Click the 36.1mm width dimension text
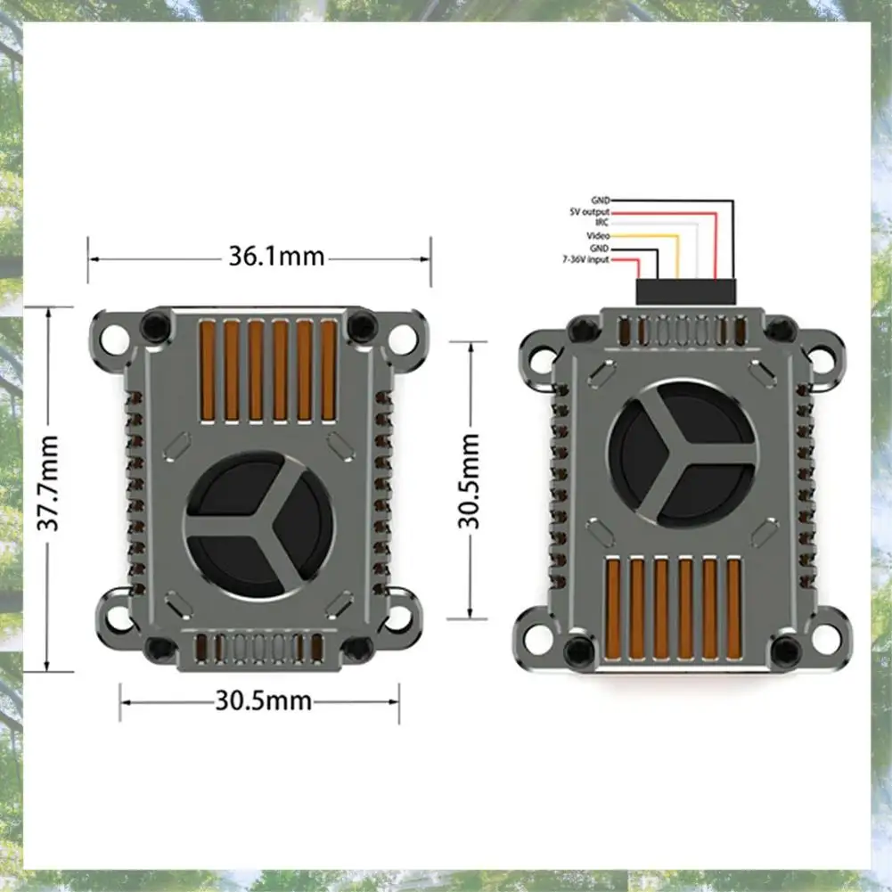[x=276, y=257]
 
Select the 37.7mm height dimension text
[x=48, y=483]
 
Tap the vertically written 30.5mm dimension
[x=470, y=481]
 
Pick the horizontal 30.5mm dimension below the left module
[x=264, y=700]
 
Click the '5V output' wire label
[x=589, y=212]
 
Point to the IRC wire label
[x=601, y=223]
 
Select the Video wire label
[x=598, y=235]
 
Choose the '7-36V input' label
[x=585, y=259]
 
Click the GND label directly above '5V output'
[x=601, y=200]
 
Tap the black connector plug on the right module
[x=685, y=291]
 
